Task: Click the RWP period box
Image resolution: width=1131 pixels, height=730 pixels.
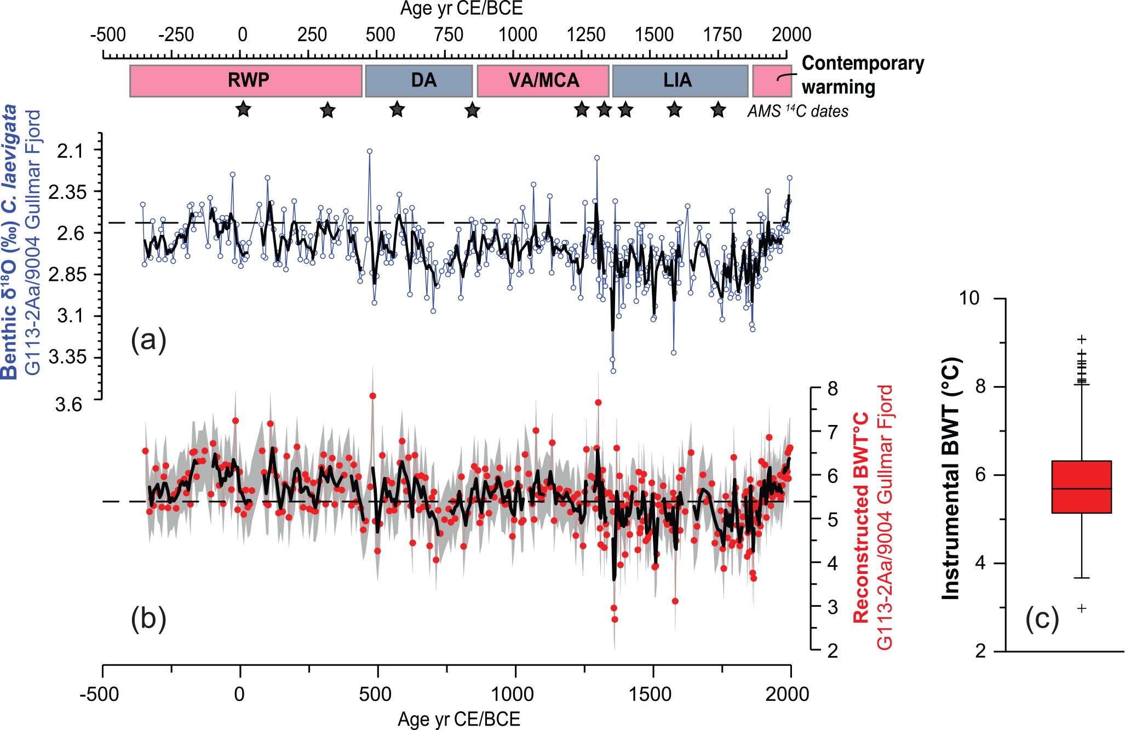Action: coord(246,81)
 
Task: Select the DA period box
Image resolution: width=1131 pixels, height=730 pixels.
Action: coord(419,81)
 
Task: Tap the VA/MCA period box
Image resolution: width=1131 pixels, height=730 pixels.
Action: coord(543,81)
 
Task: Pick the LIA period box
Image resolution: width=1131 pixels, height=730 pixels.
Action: coord(680,81)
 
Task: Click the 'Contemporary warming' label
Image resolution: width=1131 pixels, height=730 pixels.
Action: coord(863,75)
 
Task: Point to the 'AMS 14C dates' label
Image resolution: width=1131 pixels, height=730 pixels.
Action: coord(798,111)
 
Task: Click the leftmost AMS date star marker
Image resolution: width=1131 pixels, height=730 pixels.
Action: coord(243,109)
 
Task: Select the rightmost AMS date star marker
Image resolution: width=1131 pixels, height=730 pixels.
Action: coord(718,110)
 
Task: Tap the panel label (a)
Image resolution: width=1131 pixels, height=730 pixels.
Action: coord(148,340)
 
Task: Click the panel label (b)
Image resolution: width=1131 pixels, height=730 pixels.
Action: coord(148,619)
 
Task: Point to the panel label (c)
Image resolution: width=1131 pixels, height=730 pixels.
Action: coord(1042,619)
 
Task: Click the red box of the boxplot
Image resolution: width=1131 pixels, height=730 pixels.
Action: coord(1082,487)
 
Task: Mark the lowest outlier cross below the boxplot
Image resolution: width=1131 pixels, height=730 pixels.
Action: coord(1082,608)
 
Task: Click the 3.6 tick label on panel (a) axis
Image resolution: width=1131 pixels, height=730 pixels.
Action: coord(68,405)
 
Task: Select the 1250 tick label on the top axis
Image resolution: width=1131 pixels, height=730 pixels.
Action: coord(585,35)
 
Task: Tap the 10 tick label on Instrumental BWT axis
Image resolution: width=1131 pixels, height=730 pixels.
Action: coord(969,298)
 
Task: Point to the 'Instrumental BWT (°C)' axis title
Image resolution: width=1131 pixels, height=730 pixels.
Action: coord(951,478)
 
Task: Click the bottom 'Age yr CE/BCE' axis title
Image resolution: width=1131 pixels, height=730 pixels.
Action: coord(459,719)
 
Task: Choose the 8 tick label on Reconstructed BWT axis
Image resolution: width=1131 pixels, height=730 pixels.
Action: coord(833,388)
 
